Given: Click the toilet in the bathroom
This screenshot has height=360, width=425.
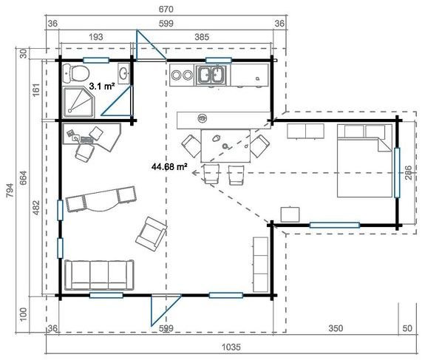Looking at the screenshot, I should point(75,72).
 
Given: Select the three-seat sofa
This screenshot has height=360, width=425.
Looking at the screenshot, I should point(99,275).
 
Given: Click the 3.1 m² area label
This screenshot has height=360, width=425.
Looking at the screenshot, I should point(101,86).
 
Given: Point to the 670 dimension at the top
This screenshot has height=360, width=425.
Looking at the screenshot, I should point(165,9).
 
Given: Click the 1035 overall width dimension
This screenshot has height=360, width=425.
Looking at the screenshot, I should point(234,346).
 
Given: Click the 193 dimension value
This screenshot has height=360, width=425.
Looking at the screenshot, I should point(94,35).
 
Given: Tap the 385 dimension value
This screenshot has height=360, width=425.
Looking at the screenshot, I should point(223,35).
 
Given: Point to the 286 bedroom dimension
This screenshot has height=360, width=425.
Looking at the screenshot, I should point(408,174).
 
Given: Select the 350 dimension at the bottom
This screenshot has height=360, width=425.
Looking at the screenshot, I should point(334,327).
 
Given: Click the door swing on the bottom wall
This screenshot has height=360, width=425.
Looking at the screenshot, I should point(157,309).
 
